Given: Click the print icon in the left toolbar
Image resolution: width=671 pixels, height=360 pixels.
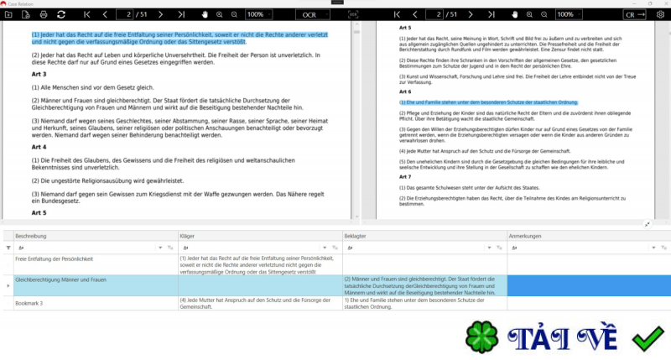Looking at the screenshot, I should pyautogui.click(x=43, y=14).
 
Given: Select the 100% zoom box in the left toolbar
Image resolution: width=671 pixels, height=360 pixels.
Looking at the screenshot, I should pyautogui.click(x=258, y=14).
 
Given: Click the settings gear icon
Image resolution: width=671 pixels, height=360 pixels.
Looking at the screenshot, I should pyautogui.click(x=660, y=14).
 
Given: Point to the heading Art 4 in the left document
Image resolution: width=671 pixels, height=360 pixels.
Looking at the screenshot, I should pyautogui.click(x=39, y=146).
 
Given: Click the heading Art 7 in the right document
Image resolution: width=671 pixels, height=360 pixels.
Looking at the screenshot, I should pyautogui.click(x=405, y=177).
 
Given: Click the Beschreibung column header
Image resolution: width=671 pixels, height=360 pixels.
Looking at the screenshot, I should pyautogui.click(x=34, y=237).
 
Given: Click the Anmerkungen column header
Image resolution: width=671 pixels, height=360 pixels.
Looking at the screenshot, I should pyautogui.click(x=526, y=237).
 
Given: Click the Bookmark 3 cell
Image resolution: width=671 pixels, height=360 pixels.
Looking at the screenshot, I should pyautogui.click(x=30, y=301).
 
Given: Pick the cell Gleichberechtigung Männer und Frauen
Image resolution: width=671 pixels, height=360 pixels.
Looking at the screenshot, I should pyautogui.click(x=60, y=279).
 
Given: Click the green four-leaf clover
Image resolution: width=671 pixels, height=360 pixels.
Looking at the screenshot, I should pyautogui.click(x=481, y=337).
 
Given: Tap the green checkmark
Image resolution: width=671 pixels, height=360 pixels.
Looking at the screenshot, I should pyautogui.click(x=648, y=339).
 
